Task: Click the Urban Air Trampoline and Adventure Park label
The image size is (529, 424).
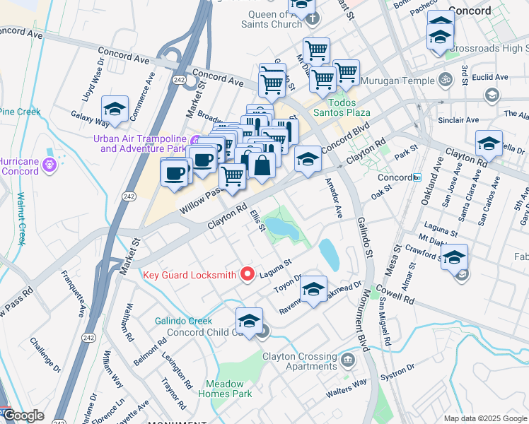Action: [142, 143]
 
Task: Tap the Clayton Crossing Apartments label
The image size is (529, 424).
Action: [299, 362]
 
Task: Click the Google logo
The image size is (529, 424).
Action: [23, 416]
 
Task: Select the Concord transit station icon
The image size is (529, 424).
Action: [418, 177]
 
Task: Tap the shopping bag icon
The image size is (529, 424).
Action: [262, 167]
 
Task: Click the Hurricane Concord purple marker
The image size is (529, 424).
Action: [49, 165]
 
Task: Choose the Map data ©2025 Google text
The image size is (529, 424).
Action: [484, 418]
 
